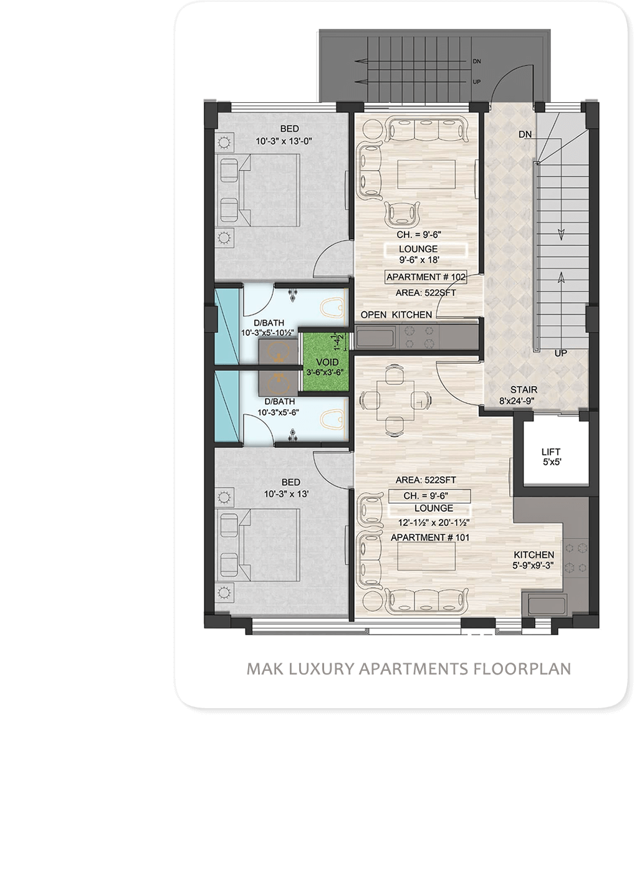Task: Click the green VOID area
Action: [x=326, y=361]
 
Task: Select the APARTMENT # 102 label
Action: [x=426, y=277]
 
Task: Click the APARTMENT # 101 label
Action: [x=430, y=537]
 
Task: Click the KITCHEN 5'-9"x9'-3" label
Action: [x=534, y=560]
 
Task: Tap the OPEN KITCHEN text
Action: [x=396, y=315]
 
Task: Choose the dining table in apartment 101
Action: [x=395, y=400]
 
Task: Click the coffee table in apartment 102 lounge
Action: [x=426, y=174]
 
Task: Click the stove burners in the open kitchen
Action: [x=419, y=336]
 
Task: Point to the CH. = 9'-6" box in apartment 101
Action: [x=429, y=496]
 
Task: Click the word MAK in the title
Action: [x=261, y=669]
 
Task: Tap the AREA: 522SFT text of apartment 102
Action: [x=426, y=293]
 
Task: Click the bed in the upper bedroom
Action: [x=258, y=190]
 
